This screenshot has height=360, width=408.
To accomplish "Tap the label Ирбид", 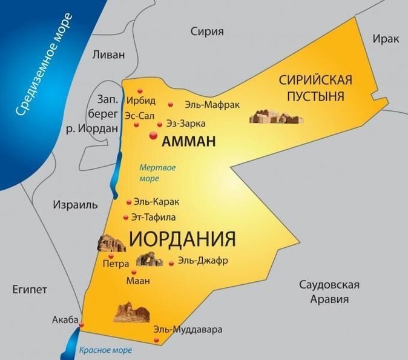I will click(x=142, y=100).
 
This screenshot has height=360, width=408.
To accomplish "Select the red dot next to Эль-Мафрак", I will click(x=171, y=104).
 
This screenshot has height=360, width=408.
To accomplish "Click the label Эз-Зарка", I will click(x=181, y=124).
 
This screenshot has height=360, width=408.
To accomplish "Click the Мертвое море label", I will click(x=157, y=173).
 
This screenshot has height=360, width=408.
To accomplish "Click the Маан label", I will click(x=138, y=281).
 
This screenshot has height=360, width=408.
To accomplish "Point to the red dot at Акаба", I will click(x=82, y=324).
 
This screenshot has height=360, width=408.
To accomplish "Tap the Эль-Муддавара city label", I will click(x=188, y=330).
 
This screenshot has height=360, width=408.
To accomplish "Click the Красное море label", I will click(x=105, y=350).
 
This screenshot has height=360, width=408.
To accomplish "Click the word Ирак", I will click(x=386, y=39).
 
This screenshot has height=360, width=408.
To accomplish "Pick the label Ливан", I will click(x=108, y=54).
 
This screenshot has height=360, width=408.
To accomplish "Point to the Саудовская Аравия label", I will click(x=330, y=292).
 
